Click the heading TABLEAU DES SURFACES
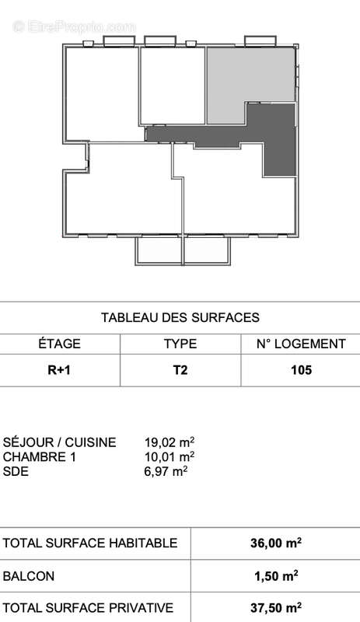[x=180, y=317]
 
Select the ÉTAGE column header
[x=59, y=344]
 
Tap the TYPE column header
[x=180, y=344]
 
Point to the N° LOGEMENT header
[x=300, y=344]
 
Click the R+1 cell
[x=59, y=370]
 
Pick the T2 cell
[x=180, y=370]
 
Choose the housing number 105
[x=300, y=370]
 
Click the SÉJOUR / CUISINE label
[x=60, y=442]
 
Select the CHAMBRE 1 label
[x=40, y=456]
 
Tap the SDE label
[x=16, y=470]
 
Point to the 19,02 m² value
[x=169, y=442]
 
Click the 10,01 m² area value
[x=169, y=456]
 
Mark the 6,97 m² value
[x=166, y=470]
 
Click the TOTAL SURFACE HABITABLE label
[x=90, y=543]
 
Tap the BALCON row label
[x=29, y=576]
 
